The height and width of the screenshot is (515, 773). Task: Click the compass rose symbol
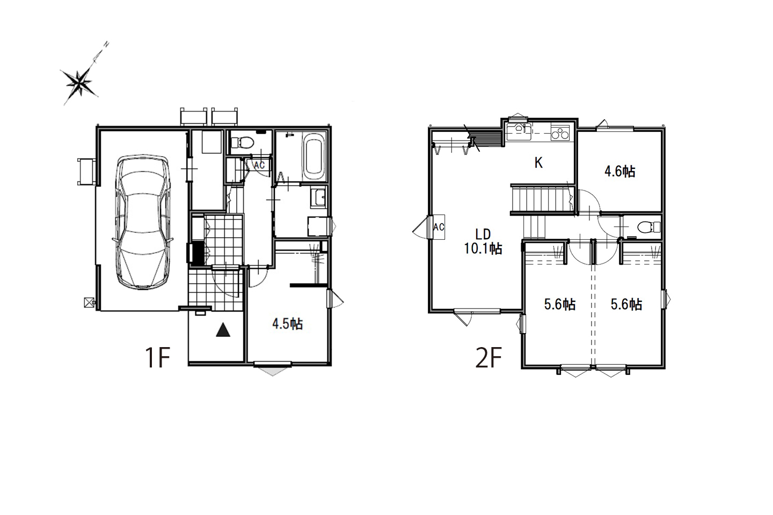pyautogui.click(x=80, y=83)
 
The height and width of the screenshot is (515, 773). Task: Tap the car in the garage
pyautogui.click(x=143, y=222)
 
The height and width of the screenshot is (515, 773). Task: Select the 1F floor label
pyautogui.click(x=157, y=358)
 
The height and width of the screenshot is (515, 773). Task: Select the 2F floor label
pyautogui.click(x=488, y=358)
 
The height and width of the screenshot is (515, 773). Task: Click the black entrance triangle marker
pyautogui.click(x=223, y=330)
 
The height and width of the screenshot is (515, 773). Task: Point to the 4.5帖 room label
pyautogui.click(x=288, y=324)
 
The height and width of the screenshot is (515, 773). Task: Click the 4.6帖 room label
pyautogui.click(x=620, y=172)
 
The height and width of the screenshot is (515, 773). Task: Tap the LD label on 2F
pyautogui.click(x=483, y=234)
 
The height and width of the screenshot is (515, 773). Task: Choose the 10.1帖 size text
pyautogui.click(x=483, y=249)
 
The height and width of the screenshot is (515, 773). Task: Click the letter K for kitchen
pyautogui.click(x=538, y=163)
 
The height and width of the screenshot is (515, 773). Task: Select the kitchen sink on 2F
pyautogui.click(x=519, y=132)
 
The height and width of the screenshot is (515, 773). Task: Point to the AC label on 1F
pyautogui.click(x=259, y=165)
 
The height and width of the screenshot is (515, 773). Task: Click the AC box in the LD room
pyautogui.click(x=439, y=227)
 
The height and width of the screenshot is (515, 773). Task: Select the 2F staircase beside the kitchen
pyautogui.click(x=542, y=200)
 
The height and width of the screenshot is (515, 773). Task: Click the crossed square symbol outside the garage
pyautogui.click(x=89, y=303)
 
